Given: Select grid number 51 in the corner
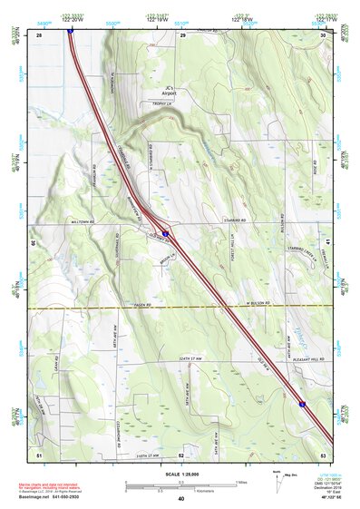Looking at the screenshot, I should pos(39,454).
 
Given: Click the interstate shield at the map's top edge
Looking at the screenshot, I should pos(70,29).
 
